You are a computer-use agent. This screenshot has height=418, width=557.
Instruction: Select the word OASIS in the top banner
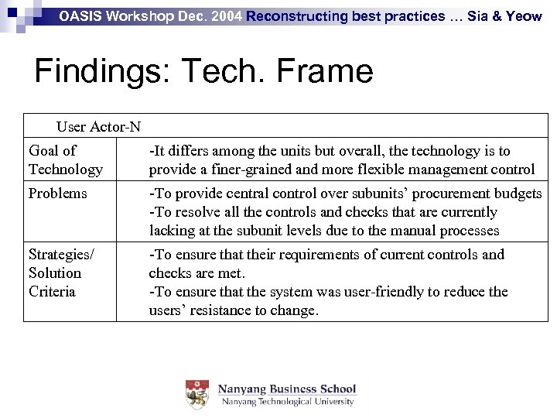80,15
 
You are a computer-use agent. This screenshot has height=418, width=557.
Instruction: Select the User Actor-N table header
98,126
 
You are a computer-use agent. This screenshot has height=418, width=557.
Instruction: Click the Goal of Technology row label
65,159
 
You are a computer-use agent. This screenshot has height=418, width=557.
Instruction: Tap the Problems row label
57,194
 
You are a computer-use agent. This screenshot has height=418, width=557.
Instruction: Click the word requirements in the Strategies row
285,255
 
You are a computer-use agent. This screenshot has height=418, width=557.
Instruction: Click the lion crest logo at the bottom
196,395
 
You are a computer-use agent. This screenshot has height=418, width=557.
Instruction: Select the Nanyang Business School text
286,389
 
